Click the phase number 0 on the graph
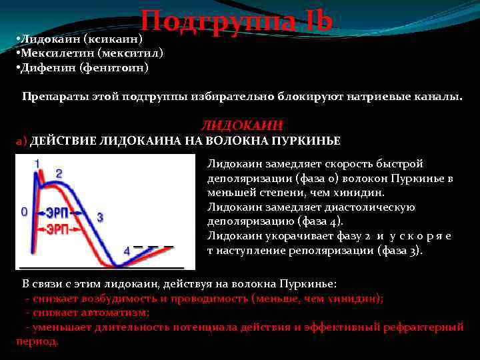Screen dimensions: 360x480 [23, 211]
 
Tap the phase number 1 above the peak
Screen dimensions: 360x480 [37, 163]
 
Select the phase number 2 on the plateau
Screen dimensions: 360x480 [59, 173]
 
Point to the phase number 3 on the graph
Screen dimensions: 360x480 [100, 217]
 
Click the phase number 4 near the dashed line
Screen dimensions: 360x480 [126, 251]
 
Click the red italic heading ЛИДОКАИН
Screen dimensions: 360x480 [242, 125]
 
